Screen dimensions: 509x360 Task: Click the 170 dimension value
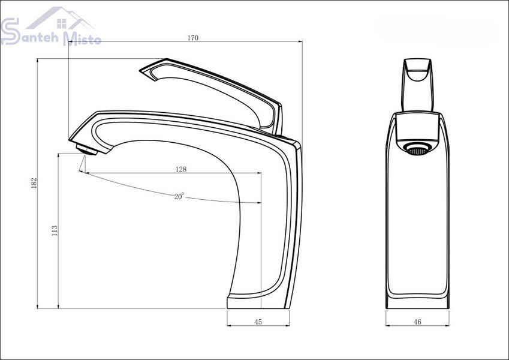click(x=192, y=38)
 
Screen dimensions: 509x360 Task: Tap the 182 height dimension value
click(x=34, y=183)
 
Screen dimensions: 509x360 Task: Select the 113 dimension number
click(x=55, y=230)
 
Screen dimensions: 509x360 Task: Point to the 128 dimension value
click(x=181, y=169)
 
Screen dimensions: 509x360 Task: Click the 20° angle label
click(x=179, y=196)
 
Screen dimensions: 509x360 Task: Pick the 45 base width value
click(x=258, y=322)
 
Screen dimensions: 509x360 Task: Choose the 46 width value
click(x=417, y=322)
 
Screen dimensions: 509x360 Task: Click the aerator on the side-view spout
click(x=87, y=150)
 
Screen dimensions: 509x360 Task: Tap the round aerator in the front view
click(x=417, y=149)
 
